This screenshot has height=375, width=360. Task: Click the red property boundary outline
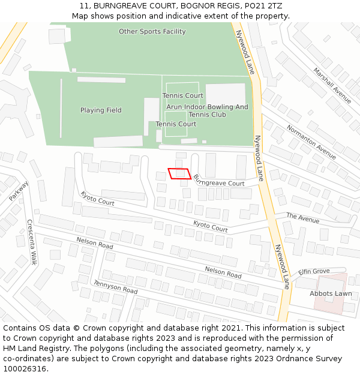pos(179,173)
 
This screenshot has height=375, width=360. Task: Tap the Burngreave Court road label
pos(220,180)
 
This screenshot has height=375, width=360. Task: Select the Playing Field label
pos(101,110)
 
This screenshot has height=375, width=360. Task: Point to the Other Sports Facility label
pos(152,32)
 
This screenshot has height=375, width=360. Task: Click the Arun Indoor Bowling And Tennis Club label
pos(207,111)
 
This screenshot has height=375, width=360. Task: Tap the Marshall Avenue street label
pos(332,86)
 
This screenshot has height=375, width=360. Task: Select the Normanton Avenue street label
pos(311,142)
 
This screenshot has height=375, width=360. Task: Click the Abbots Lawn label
pos(331,293)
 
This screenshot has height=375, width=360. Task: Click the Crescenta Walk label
pos(31,242)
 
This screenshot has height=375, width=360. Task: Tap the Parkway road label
pos(19,191)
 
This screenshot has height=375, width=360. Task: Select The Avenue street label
pos(302,218)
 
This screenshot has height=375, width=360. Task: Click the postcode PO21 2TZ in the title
pos(266,6)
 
